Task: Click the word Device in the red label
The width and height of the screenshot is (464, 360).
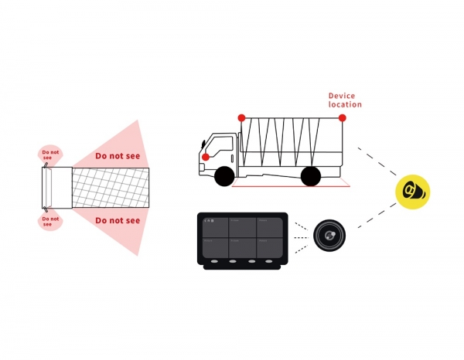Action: tap(341, 96)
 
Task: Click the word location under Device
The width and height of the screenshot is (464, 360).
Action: tap(345, 104)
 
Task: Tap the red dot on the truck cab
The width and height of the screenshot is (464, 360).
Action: tap(205, 157)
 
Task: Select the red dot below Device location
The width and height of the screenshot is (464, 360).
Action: tap(342, 117)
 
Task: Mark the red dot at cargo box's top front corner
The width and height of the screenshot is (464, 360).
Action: tap(241, 117)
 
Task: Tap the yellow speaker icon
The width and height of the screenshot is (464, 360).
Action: tap(412, 192)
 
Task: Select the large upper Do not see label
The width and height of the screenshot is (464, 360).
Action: tap(118, 156)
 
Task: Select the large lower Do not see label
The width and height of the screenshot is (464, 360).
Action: tap(118, 221)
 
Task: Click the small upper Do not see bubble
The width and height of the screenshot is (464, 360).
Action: tap(50, 154)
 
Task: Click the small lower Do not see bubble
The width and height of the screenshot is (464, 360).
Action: tap(50, 222)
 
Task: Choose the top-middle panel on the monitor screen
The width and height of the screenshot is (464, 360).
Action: tap(242, 226)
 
